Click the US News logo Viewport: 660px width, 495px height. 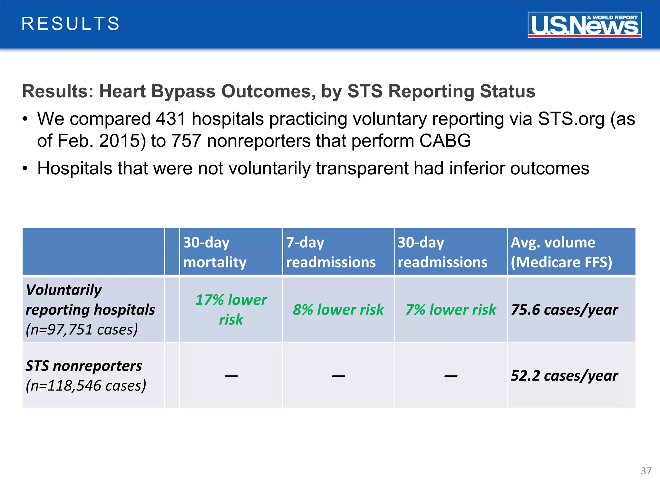pyautogui.click(x=584, y=25)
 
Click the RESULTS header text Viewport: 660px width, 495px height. pyautogui.click(x=71, y=24)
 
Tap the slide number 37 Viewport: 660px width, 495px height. pyautogui.click(x=646, y=471)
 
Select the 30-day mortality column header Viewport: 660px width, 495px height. pyautogui.click(x=215, y=252)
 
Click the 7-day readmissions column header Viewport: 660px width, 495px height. pyautogui.click(x=331, y=252)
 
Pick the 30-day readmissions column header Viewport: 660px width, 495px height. pyautogui.click(x=442, y=252)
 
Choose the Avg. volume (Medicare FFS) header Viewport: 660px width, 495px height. pyautogui.click(x=561, y=252)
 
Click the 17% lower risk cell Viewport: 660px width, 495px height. pyautogui.click(x=231, y=309)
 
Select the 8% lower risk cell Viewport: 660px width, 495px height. pyautogui.click(x=338, y=310)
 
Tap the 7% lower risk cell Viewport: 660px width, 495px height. pyautogui.click(x=451, y=310)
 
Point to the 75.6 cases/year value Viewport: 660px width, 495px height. pyautogui.click(x=564, y=310)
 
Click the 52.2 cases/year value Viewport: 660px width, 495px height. pyautogui.click(x=564, y=376)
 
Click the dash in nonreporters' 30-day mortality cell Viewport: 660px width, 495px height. pyautogui.click(x=231, y=376)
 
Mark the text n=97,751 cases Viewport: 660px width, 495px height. pyautogui.click(x=82, y=329)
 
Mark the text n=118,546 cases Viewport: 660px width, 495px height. pyautogui.click(x=86, y=386)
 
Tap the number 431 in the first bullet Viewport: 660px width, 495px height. pyautogui.click(x=171, y=119)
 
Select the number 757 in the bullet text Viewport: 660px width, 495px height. pyautogui.click(x=186, y=141)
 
